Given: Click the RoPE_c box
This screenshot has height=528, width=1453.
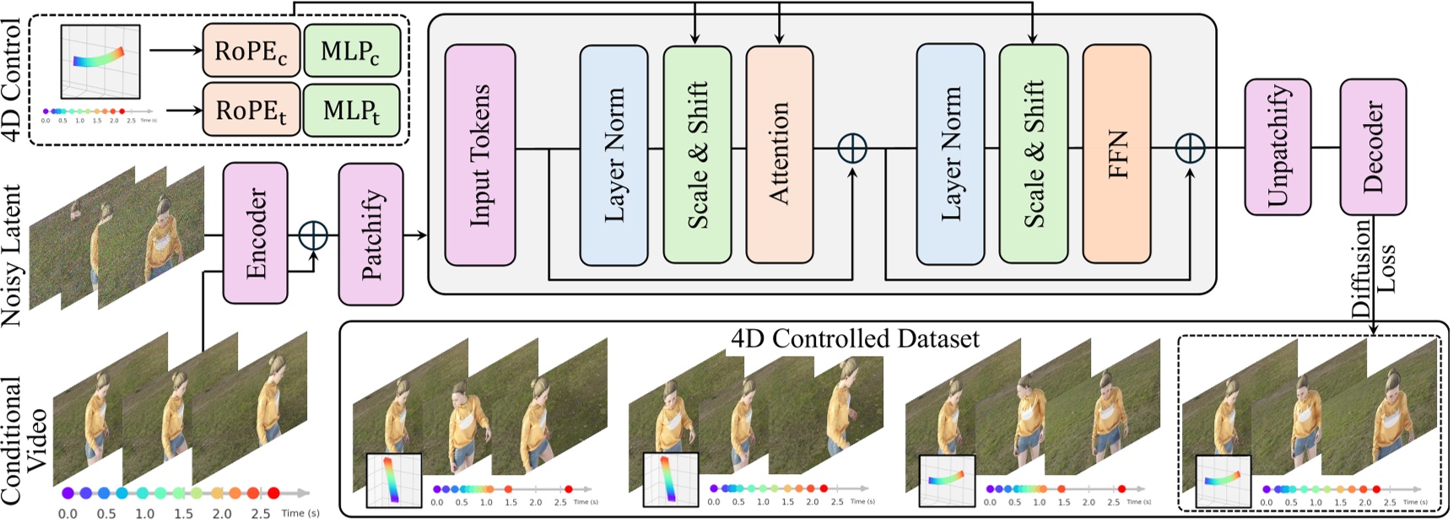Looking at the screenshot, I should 251,51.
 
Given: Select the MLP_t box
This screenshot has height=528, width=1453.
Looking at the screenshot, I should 351,110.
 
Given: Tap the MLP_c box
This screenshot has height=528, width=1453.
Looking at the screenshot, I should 351,51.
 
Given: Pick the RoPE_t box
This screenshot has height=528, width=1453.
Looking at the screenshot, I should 251,110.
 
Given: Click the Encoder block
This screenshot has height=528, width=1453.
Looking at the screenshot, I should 255,233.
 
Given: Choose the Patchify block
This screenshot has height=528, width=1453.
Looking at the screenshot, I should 370,234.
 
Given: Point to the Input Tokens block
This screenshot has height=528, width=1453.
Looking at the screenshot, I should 480,154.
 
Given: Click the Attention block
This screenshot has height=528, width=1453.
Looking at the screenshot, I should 779,154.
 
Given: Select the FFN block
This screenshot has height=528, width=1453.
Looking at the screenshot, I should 1116,154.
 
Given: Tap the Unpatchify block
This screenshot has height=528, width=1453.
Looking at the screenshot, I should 1277,147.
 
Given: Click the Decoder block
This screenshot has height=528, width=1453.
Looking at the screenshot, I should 1373,147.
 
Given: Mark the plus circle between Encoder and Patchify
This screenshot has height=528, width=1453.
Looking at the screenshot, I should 313,234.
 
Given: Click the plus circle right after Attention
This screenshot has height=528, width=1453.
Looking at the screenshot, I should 852,148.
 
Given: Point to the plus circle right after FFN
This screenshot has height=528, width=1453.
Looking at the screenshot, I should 1190,148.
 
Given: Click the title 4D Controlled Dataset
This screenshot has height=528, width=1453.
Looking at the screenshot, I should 854,339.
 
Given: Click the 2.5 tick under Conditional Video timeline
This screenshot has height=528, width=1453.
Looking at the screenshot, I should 261,514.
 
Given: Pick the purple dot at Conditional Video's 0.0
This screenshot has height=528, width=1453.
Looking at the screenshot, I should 68,493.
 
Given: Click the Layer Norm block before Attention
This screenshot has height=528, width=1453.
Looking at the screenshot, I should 613,154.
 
